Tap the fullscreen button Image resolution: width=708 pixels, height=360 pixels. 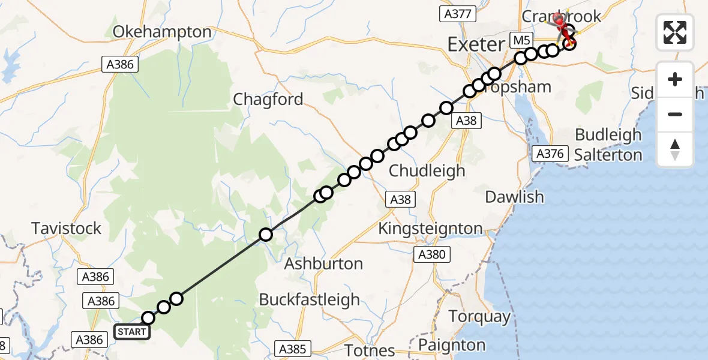click(x=675, y=32)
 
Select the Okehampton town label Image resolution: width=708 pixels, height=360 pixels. click(x=162, y=32)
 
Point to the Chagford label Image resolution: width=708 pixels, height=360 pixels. click(x=268, y=99)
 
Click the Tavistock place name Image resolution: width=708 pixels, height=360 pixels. click(x=67, y=229)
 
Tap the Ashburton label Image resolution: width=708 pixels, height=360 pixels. click(x=323, y=263)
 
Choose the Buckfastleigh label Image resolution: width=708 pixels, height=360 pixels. click(x=310, y=299)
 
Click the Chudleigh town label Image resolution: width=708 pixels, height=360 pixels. click(x=427, y=170)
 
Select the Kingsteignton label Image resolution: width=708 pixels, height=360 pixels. click(x=430, y=229)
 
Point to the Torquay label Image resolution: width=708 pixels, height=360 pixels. click(x=481, y=316)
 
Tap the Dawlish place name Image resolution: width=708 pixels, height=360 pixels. click(x=514, y=197)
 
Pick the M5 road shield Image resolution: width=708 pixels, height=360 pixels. click(x=521, y=40)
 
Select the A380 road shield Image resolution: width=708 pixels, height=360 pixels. click(x=432, y=255)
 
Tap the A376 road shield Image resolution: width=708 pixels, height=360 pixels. click(x=550, y=154)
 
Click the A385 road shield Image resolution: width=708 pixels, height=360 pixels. click(x=293, y=349)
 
